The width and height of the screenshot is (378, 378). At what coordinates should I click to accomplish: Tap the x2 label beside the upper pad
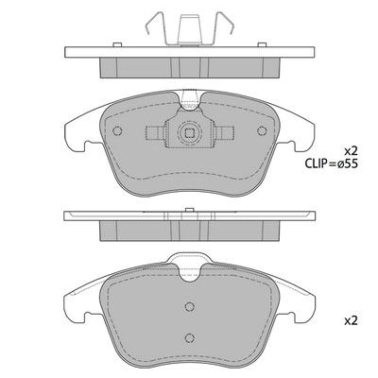point(351,150)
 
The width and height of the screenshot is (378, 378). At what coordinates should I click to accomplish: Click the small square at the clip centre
point(192,132)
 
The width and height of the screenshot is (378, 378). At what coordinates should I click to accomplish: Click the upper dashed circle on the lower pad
point(190,305)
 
